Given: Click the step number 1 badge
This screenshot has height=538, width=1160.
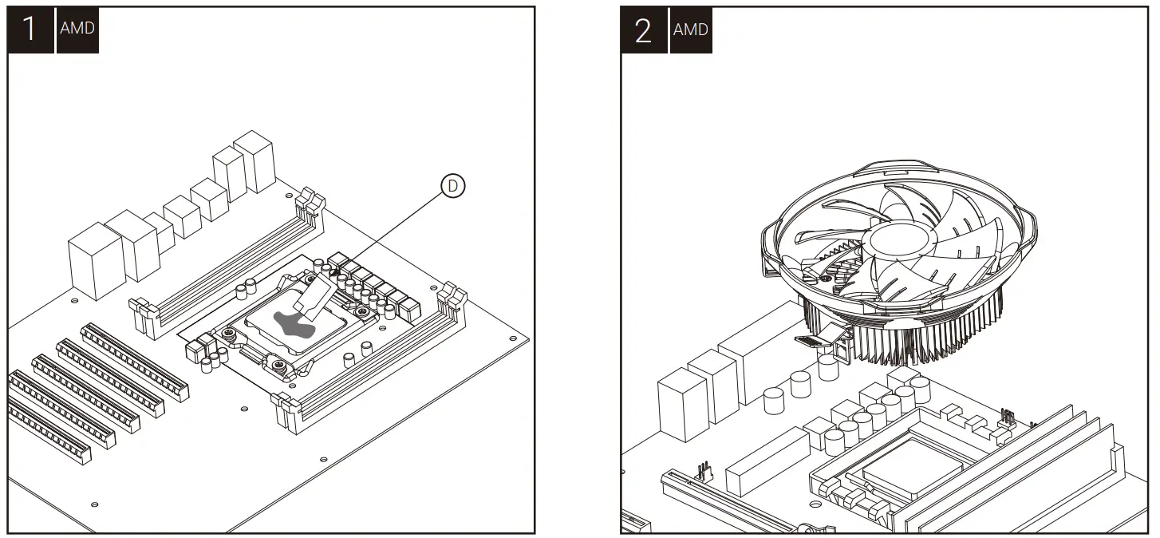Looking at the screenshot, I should [x=30, y=30].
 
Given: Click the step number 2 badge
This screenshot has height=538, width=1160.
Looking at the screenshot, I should [x=643, y=30].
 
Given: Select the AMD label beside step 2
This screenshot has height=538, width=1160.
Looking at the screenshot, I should [x=690, y=30].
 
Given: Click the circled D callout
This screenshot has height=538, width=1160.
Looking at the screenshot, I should [x=452, y=187].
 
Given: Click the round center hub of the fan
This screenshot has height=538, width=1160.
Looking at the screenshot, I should [x=902, y=238].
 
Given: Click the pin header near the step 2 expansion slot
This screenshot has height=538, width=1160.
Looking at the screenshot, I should [x=704, y=470].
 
